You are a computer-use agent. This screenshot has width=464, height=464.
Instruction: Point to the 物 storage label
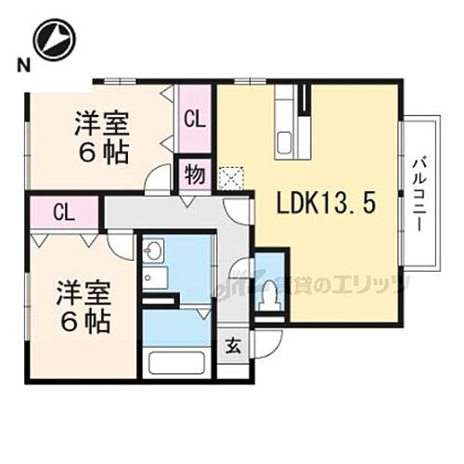pyautogui.click(x=194, y=174)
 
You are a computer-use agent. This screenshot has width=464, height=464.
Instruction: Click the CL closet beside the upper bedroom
pyautogui.click(x=194, y=119)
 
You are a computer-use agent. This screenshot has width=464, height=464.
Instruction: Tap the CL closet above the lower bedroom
pyautogui.click(x=63, y=212)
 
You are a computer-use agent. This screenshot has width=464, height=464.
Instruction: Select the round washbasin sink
pyautogui.click(x=154, y=251)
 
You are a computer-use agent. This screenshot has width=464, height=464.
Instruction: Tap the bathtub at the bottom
pyautogui.click(x=177, y=363)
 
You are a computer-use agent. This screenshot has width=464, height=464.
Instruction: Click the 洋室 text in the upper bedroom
pyautogui.click(x=102, y=122)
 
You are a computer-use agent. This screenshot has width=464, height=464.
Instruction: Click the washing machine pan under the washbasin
pyautogui.click(x=156, y=279)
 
